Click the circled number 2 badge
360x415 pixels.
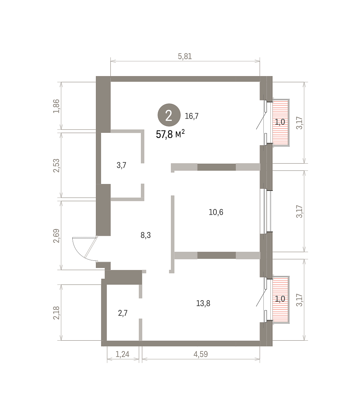[169, 115]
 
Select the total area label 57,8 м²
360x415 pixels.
[170, 134]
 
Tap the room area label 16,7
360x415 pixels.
[191, 116]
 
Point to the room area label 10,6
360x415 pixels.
[216, 212]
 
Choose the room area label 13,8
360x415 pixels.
[203, 303]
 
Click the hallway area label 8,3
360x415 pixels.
[145, 235]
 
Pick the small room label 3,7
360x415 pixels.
[121, 165]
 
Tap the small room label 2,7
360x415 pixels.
[123, 313]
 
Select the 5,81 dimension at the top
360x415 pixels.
[185, 56]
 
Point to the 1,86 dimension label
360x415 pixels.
[56, 106]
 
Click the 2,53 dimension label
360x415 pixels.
[56, 166]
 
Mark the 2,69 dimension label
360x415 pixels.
[56, 236]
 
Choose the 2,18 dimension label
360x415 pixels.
[56, 313]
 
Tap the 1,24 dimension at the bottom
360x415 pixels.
[122, 354]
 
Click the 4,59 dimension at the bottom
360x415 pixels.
[201, 354]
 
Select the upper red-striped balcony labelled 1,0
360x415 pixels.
[281, 122]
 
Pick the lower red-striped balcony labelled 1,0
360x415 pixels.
[281, 300]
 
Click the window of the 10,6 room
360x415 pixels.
[265, 211]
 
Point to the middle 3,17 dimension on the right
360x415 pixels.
[299, 211]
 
